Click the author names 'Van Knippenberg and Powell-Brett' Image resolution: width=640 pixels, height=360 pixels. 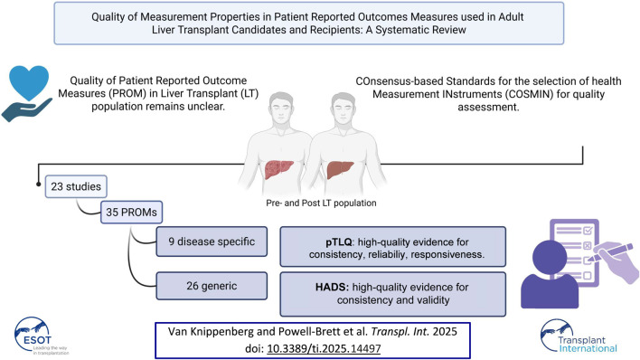tap(261, 326)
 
